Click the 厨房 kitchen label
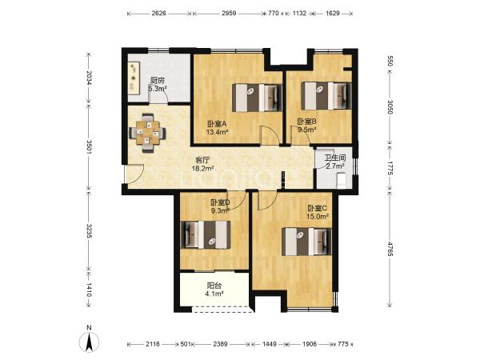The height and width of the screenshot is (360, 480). click(158, 81)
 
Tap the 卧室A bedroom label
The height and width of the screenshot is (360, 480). click(217, 124)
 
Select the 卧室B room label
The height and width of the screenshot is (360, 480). click(307, 122)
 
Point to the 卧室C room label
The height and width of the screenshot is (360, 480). click(318, 209)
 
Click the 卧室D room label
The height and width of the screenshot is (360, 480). click(221, 202)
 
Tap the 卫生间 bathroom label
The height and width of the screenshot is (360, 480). click(335, 158)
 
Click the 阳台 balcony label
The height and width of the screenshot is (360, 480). click(214, 286)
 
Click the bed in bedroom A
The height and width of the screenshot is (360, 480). click(257, 98)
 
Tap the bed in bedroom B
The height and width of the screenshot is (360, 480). click(326, 95)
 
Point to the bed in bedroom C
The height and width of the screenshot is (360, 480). click(306, 242)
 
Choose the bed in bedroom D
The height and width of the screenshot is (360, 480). click(206, 235)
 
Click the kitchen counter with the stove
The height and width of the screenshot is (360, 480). click(134, 78)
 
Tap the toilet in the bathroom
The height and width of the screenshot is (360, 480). click(341, 180)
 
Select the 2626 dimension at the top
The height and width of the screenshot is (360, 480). click(159, 13)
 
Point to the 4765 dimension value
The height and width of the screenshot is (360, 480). click(390, 249)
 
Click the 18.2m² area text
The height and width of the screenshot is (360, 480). click(202, 168)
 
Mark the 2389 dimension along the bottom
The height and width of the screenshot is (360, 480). click(220, 344)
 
